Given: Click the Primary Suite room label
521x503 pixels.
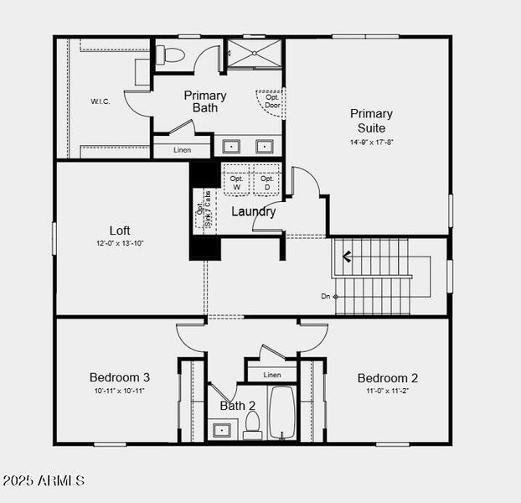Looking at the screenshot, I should (371, 121).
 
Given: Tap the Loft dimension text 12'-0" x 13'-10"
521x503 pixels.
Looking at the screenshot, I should (120, 243).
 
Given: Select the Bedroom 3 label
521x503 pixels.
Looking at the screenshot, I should (120, 377).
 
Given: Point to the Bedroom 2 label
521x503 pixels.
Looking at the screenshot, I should (387, 377).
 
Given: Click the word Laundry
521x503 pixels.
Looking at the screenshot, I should (253, 212).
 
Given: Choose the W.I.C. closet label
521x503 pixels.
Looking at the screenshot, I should (101, 101).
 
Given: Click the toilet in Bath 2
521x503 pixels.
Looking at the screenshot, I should (253, 424).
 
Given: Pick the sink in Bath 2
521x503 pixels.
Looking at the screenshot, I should (222, 430).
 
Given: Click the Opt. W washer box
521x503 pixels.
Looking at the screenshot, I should (236, 182).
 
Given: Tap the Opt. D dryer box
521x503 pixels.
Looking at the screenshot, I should (266, 182).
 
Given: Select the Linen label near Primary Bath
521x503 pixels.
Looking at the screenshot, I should (183, 150).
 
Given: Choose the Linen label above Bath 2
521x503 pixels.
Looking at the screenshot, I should (271, 375).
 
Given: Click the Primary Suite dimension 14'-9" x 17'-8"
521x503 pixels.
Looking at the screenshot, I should (371, 143).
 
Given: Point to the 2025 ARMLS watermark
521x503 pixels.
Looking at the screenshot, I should (44, 481).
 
